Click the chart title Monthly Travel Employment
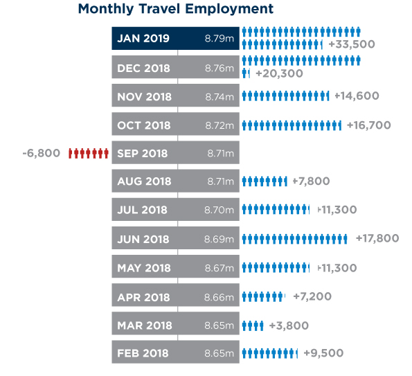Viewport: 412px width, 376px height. [x=176, y=9]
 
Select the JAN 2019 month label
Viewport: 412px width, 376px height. [x=143, y=38]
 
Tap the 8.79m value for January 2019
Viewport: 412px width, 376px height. [x=220, y=38]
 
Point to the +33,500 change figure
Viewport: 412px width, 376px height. [x=352, y=44]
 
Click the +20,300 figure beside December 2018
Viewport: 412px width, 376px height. [x=279, y=73]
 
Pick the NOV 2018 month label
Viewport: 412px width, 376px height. [x=144, y=97]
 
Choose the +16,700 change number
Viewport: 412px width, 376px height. [x=369, y=125]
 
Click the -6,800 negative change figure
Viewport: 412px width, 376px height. [x=42, y=153]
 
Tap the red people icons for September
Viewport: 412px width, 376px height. [x=89, y=153]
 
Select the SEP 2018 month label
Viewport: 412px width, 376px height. [x=142, y=154]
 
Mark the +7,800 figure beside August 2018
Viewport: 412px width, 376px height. [x=311, y=181]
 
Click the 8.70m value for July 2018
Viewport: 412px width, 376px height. [x=219, y=210]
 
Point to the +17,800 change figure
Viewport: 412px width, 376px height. [x=377, y=238]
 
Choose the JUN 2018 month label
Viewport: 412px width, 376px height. [x=143, y=240]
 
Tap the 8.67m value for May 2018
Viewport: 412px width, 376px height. [x=220, y=268]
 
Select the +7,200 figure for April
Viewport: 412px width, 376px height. [x=312, y=296]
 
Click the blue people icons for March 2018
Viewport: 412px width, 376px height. [x=253, y=326]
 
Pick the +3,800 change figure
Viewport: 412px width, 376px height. [x=289, y=326]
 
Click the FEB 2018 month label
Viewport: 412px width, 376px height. [x=143, y=353]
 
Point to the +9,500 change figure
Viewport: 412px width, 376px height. [x=323, y=353]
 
